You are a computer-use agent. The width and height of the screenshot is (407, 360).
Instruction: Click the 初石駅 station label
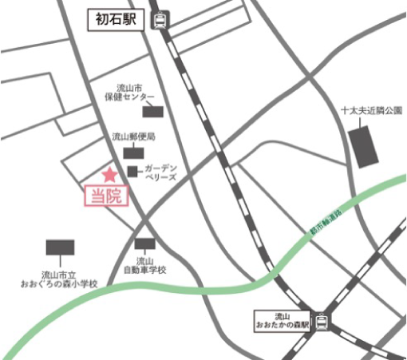117,17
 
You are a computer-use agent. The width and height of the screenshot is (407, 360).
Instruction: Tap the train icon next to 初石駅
160,18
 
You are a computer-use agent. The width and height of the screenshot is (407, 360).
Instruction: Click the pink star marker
109,174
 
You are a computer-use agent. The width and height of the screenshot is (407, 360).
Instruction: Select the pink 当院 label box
106,196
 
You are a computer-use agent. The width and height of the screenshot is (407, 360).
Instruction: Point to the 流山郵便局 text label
133,136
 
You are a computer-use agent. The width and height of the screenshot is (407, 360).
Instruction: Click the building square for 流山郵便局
129,152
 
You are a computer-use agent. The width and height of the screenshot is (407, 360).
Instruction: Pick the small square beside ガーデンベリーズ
132,171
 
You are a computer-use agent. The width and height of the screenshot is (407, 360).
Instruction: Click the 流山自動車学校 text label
144,266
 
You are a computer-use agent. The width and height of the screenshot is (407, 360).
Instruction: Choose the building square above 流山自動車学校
144,245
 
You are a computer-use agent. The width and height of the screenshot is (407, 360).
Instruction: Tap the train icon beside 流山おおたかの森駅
322,322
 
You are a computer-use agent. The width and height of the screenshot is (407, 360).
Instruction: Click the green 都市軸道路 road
200,286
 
